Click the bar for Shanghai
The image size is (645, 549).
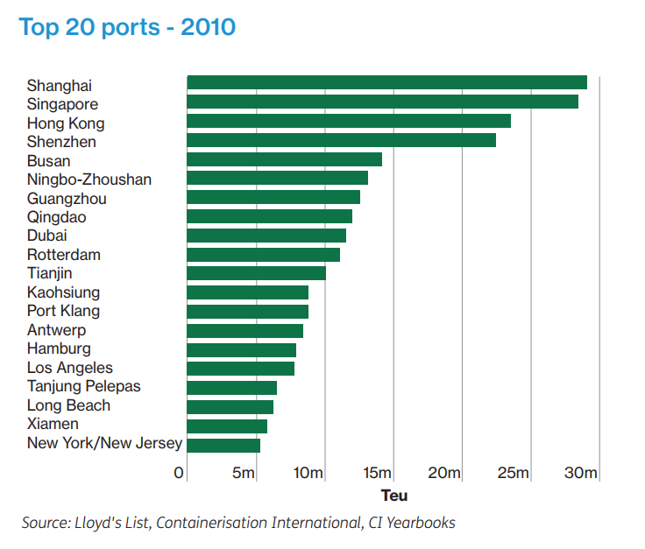[386, 82]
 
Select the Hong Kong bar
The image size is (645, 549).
[349, 121]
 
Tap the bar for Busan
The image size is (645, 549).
[284, 159]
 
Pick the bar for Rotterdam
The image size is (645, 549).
[263, 255]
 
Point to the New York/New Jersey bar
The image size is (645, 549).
[223, 445]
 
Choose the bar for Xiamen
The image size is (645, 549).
[227, 426]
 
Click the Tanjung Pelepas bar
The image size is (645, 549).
[231, 388]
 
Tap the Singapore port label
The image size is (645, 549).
[62, 104]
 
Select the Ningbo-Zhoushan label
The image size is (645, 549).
[89, 179]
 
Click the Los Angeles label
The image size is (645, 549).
[70, 368]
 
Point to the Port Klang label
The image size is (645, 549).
[63, 311]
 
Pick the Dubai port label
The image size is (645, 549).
[47, 236]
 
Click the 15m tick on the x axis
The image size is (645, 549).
[376, 474]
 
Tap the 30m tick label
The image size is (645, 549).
[581, 474]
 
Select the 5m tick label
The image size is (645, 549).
[244, 474]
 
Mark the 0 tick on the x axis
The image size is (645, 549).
[180, 474]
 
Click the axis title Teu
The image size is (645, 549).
[393, 496]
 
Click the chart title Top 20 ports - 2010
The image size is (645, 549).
[127, 27]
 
